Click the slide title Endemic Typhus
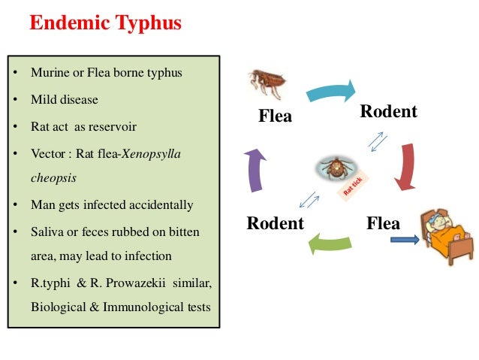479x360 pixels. coord(105,23)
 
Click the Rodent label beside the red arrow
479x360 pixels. coord(388,112)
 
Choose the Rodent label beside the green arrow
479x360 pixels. coord(276,223)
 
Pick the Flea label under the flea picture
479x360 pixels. coord(275,116)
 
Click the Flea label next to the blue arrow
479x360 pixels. coord(383,223)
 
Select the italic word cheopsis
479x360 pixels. coord(53,178)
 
